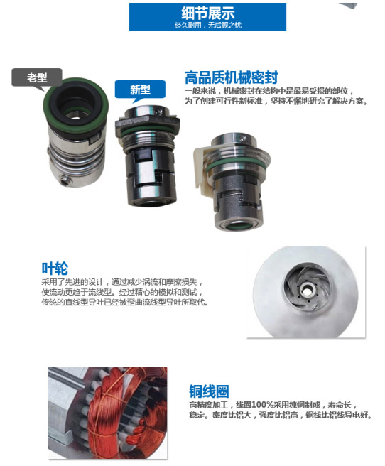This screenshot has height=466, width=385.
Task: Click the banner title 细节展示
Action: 207,13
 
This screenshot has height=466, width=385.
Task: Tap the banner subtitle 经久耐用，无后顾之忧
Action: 207,26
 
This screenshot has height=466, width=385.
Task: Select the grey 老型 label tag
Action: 37,77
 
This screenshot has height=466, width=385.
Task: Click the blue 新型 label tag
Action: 140,90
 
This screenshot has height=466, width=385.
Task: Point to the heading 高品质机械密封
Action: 232,77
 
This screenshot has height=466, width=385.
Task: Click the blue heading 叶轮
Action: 55,269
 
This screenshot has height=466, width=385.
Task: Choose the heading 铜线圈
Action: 209,391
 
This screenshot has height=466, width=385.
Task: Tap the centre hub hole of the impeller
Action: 305,289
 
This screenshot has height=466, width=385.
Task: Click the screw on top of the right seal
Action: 244,139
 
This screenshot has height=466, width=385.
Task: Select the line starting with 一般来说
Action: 269,91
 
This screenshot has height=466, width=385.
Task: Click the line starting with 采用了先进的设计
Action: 122,282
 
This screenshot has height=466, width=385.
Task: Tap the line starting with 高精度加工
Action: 273,404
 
